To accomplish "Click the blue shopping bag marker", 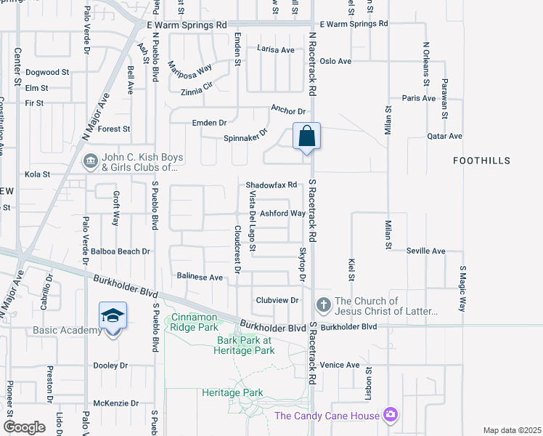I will tap(307, 136).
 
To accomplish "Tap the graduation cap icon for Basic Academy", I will tap(113, 316).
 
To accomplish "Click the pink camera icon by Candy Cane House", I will tap(391, 414).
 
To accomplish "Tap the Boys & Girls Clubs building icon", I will tap(91, 161).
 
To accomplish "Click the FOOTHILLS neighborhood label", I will tap(481, 160).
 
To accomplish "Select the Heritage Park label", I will tap(233, 392).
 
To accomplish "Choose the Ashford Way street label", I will tap(283, 214).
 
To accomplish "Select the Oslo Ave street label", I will tap(335, 61).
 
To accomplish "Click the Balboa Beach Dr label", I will tap(121, 251).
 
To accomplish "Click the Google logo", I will tap(25, 427).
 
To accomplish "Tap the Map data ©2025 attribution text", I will tap(513, 430).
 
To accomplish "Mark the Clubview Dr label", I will tap(278, 300).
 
